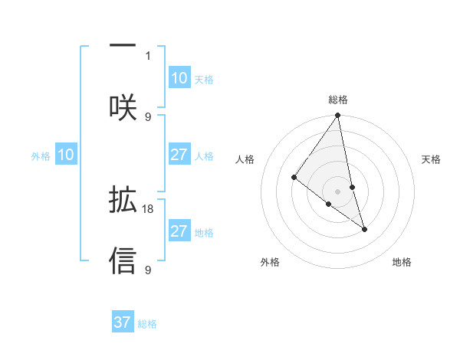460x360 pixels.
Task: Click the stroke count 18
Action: click(149, 208)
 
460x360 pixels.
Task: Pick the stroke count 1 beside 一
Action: click(149, 55)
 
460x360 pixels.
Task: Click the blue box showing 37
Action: click(123, 322)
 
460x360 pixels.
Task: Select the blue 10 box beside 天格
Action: click(179, 78)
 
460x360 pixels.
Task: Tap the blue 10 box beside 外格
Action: click(66, 155)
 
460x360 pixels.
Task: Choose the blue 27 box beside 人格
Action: click(179, 155)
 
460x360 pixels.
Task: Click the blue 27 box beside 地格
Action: click(179, 231)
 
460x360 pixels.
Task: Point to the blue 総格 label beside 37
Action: click(147, 324)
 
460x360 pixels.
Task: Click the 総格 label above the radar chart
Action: click(338, 100)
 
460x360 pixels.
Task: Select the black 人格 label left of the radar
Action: click(245, 159)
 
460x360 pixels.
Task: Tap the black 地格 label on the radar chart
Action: click(402, 262)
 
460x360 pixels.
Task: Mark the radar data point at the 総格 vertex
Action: click(338, 116)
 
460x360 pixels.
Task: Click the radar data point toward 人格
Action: click(294, 178)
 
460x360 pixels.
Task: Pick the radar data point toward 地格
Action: click(364, 229)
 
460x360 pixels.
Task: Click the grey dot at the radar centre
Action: click(338, 191)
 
